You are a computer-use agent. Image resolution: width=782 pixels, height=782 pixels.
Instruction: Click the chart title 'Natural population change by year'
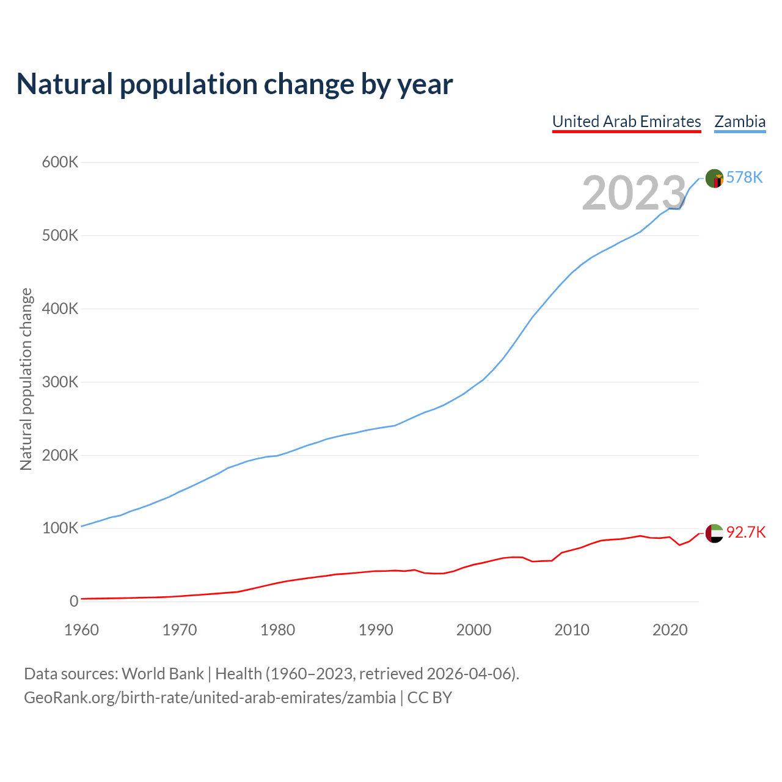[234, 84]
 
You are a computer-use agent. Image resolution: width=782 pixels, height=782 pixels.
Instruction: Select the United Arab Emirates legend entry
[626, 122]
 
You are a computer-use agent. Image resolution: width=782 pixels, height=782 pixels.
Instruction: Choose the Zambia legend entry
[740, 122]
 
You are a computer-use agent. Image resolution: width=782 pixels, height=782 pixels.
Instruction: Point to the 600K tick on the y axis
[60, 163]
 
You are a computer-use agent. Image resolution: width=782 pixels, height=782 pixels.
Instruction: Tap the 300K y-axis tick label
[60, 382]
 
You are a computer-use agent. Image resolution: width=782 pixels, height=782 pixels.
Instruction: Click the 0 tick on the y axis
[74, 602]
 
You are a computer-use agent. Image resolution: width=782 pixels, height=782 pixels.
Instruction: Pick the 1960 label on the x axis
[81, 630]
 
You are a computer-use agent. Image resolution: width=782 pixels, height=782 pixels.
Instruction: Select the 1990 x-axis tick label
[376, 630]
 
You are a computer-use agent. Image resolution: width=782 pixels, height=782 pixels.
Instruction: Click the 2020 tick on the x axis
[670, 630]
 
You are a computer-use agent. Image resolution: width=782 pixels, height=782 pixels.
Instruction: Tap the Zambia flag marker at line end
[714, 178]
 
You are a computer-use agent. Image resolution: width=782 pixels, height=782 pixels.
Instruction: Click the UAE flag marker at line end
[714, 533]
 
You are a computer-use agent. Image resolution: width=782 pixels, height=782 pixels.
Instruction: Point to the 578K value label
[745, 177]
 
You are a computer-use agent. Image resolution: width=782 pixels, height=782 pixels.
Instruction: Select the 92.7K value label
[746, 532]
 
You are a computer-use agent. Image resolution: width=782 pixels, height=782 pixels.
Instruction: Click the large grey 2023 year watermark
[634, 193]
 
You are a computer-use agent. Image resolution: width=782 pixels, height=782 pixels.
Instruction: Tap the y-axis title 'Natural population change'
[26, 379]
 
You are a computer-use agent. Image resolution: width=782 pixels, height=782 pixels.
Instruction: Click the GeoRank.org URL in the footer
[210, 698]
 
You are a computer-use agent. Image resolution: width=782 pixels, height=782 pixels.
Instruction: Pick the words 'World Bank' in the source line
[163, 674]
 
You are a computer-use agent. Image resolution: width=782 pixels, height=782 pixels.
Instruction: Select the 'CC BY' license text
[429, 698]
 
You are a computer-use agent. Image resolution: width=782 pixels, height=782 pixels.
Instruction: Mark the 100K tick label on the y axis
[60, 528]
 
